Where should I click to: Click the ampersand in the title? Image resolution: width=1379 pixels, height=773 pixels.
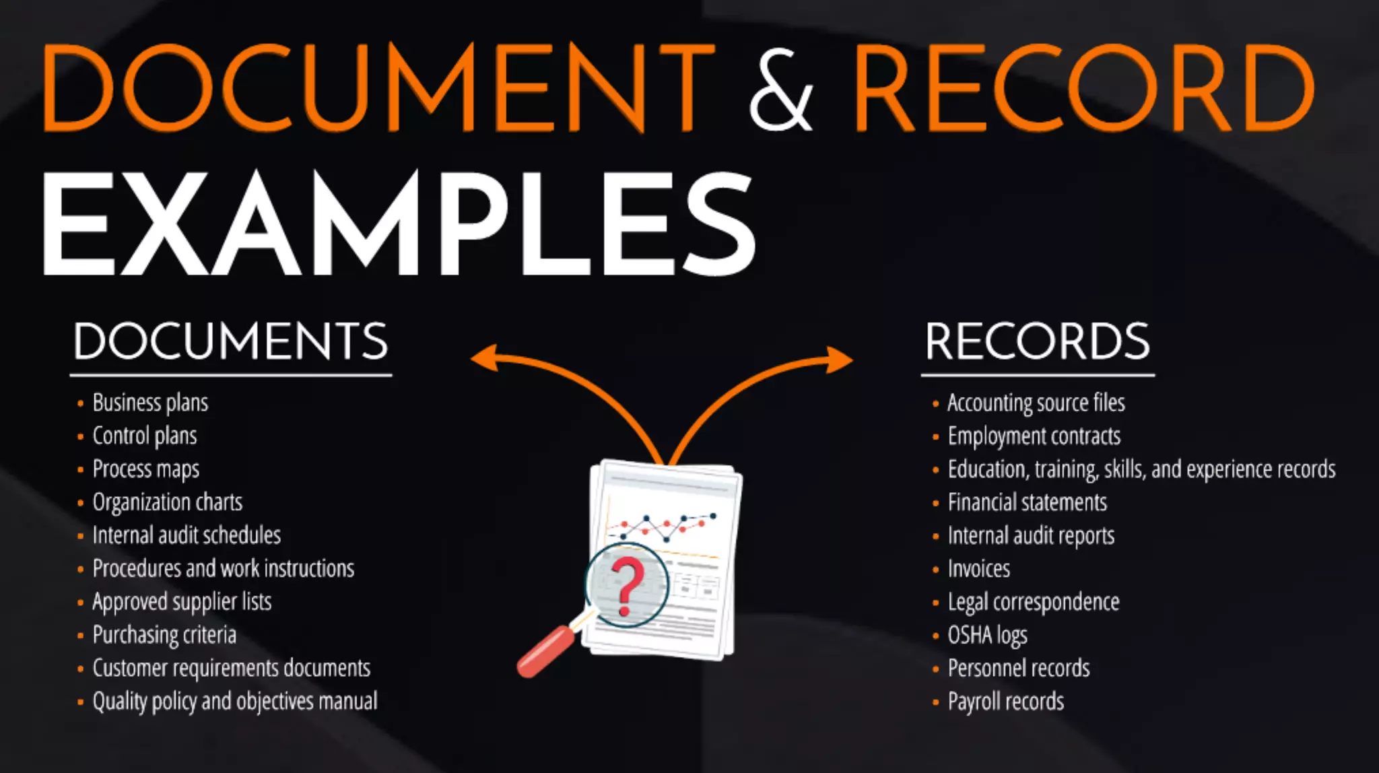tap(782, 90)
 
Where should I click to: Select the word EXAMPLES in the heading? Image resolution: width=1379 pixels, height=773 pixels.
tap(399, 224)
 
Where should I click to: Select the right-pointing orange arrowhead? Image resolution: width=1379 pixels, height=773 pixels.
tap(839, 360)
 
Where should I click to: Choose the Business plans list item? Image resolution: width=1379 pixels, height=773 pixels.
tap(150, 403)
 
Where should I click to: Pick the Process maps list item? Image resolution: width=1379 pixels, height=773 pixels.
tap(145, 469)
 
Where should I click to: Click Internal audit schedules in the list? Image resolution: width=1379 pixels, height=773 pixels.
tap(187, 535)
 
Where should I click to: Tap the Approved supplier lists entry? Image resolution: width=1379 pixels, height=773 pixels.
tap(182, 602)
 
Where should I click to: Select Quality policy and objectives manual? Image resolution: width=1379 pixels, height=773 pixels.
tap(235, 702)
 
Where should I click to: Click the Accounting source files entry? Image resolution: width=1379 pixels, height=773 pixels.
tap(1036, 403)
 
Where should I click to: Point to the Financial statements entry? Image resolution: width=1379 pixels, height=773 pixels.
tap(1027, 502)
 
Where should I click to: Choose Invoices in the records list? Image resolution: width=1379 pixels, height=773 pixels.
tap(978, 569)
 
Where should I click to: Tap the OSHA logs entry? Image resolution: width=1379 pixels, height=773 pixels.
tap(987, 635)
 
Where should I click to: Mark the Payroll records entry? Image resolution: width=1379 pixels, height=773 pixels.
tap(1005, 702)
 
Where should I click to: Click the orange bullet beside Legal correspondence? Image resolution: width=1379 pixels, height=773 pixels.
tap(935, 603)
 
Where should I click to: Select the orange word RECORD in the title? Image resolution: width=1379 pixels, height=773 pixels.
tap(1084, 90)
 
